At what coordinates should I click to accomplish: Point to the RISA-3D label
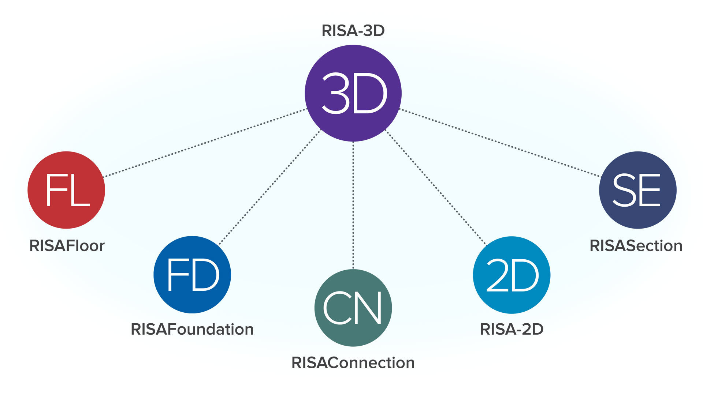click(353, 31)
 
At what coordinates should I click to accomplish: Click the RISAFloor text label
click(67, 246)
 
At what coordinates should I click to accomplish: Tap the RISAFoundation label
click(192, 329)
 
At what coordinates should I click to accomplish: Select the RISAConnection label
click(353, 363)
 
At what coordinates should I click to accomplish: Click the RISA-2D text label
click(512, 329)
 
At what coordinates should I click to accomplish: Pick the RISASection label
click(636, 246)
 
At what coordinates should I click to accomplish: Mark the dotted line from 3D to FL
click(205, 143)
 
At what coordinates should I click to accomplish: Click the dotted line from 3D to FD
click(270, 187)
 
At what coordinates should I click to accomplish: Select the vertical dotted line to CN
click(353, 205)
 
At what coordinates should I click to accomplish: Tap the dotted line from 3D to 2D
click(436, 187)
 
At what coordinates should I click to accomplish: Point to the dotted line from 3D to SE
click(500, 143)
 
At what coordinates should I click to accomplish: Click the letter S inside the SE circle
click(624, 190)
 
